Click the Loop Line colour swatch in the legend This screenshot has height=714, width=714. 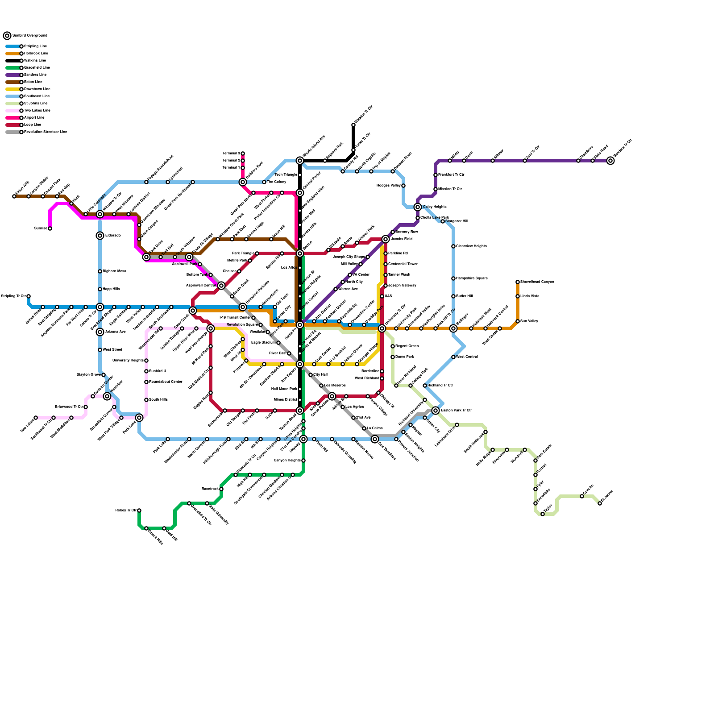[x=12, y=125]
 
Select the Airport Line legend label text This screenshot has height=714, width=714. [x=34, y=118]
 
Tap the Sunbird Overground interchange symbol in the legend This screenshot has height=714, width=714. [x=7, y=36]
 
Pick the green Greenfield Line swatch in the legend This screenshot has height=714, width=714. [x=12, y=68]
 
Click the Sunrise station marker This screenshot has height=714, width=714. [x=50, y=228]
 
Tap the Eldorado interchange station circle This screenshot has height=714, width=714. [x=100, y=236]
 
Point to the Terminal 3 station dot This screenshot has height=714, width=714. [x=243, y=154]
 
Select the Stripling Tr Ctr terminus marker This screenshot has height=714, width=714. [x=29, y=296]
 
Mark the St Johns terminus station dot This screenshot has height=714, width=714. [x=600, y=503]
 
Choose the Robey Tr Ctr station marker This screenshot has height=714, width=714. [x=139, y=511]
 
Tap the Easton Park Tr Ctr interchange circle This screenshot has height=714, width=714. [x=436, y=411]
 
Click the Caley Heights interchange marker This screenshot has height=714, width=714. [x=418, y=207]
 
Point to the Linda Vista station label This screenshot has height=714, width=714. [x=530, y=296]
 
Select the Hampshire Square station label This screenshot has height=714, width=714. [x=472, y=278]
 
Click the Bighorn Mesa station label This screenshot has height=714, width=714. [x=115, y=271]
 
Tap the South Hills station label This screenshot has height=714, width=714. [x=158, y=400]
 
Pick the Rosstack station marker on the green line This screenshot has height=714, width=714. [x=221, y=489]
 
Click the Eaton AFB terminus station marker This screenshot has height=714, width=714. [x=14, y=196]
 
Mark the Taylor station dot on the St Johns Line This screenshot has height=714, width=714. [x=543, y=514]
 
